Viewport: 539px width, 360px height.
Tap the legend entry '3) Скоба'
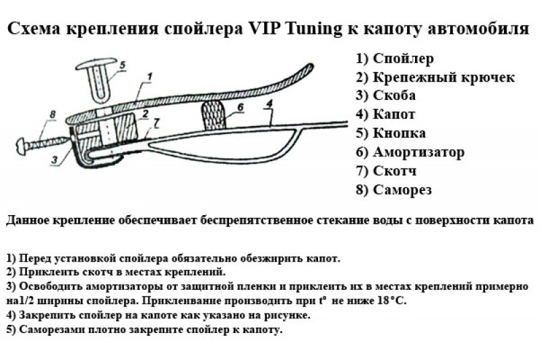pos(385,96)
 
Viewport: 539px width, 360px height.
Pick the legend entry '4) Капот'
pos(385,115)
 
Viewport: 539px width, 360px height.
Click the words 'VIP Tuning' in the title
pos(320,30)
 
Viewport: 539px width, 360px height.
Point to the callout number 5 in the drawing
pos(122,65)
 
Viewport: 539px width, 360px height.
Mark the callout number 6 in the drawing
pos(240,107)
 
